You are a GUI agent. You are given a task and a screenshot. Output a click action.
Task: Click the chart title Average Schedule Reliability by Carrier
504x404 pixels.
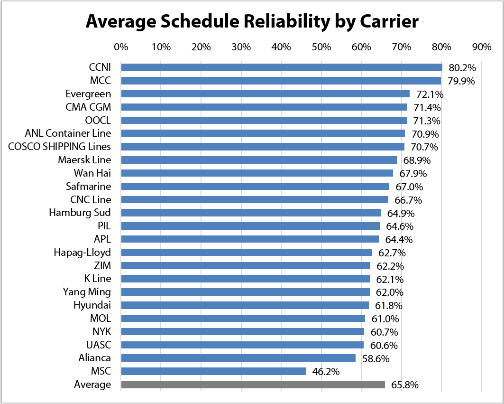coord(252,22)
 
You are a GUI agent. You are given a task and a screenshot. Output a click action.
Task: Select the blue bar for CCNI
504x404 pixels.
coord(282,67)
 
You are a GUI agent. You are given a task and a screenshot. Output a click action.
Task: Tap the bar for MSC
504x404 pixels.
coord(213,371)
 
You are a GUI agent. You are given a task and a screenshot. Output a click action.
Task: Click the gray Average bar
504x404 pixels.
coord(253,385)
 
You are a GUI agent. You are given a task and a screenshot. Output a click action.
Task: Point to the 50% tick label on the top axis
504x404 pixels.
coord(321,47)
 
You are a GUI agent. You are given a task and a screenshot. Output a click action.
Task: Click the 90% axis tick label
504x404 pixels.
coord(482,47)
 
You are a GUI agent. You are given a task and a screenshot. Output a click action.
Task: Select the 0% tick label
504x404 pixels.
coord(121,47)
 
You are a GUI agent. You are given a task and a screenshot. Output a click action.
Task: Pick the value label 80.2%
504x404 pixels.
coord(462,67)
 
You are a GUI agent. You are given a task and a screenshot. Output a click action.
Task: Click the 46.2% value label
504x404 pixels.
coord(326,372)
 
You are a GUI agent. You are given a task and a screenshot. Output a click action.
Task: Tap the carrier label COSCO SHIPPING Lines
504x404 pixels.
coord(59,147)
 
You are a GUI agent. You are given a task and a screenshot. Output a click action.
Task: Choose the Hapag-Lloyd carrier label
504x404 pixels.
coord(82,253)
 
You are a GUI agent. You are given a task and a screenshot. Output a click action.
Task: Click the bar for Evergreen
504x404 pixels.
coord(266,94)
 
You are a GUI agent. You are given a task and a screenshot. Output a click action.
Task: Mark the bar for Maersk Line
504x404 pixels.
coord(259,160)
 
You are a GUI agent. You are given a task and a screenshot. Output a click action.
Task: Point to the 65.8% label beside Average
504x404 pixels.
coord(405,385)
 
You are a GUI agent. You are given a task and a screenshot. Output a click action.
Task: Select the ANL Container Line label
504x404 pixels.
coord(68,133)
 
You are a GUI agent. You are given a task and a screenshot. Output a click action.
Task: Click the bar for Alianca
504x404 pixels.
coord(238,358)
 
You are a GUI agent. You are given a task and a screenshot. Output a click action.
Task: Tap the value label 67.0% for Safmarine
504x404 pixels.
coord(410,187)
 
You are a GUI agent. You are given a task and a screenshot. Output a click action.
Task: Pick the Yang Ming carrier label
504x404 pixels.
coord(87,292)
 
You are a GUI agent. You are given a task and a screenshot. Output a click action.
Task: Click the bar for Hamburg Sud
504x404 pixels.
coord(251,213)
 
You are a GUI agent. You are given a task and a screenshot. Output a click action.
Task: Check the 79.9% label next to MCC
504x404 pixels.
coord(461,81)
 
